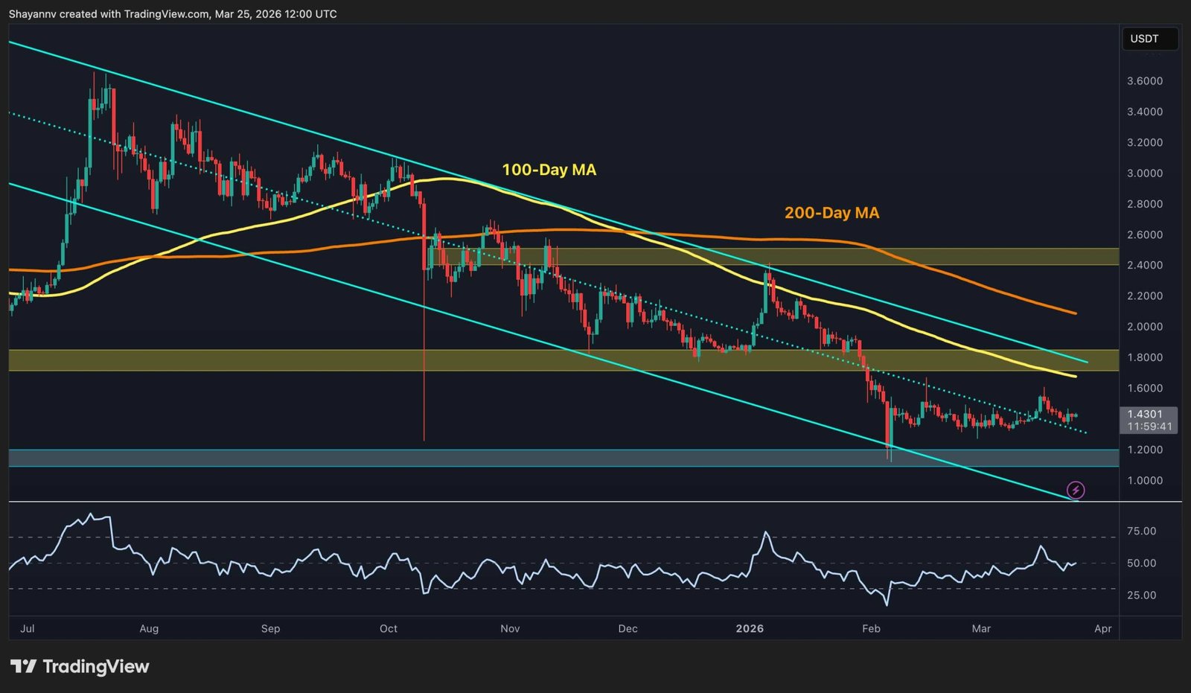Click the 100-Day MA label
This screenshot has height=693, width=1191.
pos(549,170)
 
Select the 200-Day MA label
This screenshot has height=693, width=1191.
pos(831,213)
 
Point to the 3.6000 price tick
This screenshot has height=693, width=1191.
pos(1145,81)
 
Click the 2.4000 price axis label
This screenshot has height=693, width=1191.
pos(1145,265)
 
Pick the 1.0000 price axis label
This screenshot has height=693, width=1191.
pos(1145,481)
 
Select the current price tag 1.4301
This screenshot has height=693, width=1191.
pos(1145,414)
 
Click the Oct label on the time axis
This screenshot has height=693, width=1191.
pos(389,629)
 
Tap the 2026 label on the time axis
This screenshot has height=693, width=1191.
pos(750,629)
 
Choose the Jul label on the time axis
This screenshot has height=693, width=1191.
pos(28,629)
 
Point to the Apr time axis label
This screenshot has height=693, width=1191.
pos(1102,629)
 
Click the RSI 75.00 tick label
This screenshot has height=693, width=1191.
pos(1142,531)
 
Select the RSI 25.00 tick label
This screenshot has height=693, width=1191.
pos(1142,595)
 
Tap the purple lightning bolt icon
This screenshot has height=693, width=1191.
pos(1076,490)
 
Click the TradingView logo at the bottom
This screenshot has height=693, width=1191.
pos(80,666)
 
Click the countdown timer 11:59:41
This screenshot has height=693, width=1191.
pos(1149,427)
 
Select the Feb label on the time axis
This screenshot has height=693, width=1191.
pos(871,629)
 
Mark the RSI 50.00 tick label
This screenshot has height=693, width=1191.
pos(1142,563)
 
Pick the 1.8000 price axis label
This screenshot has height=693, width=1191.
pos(1145,357)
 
